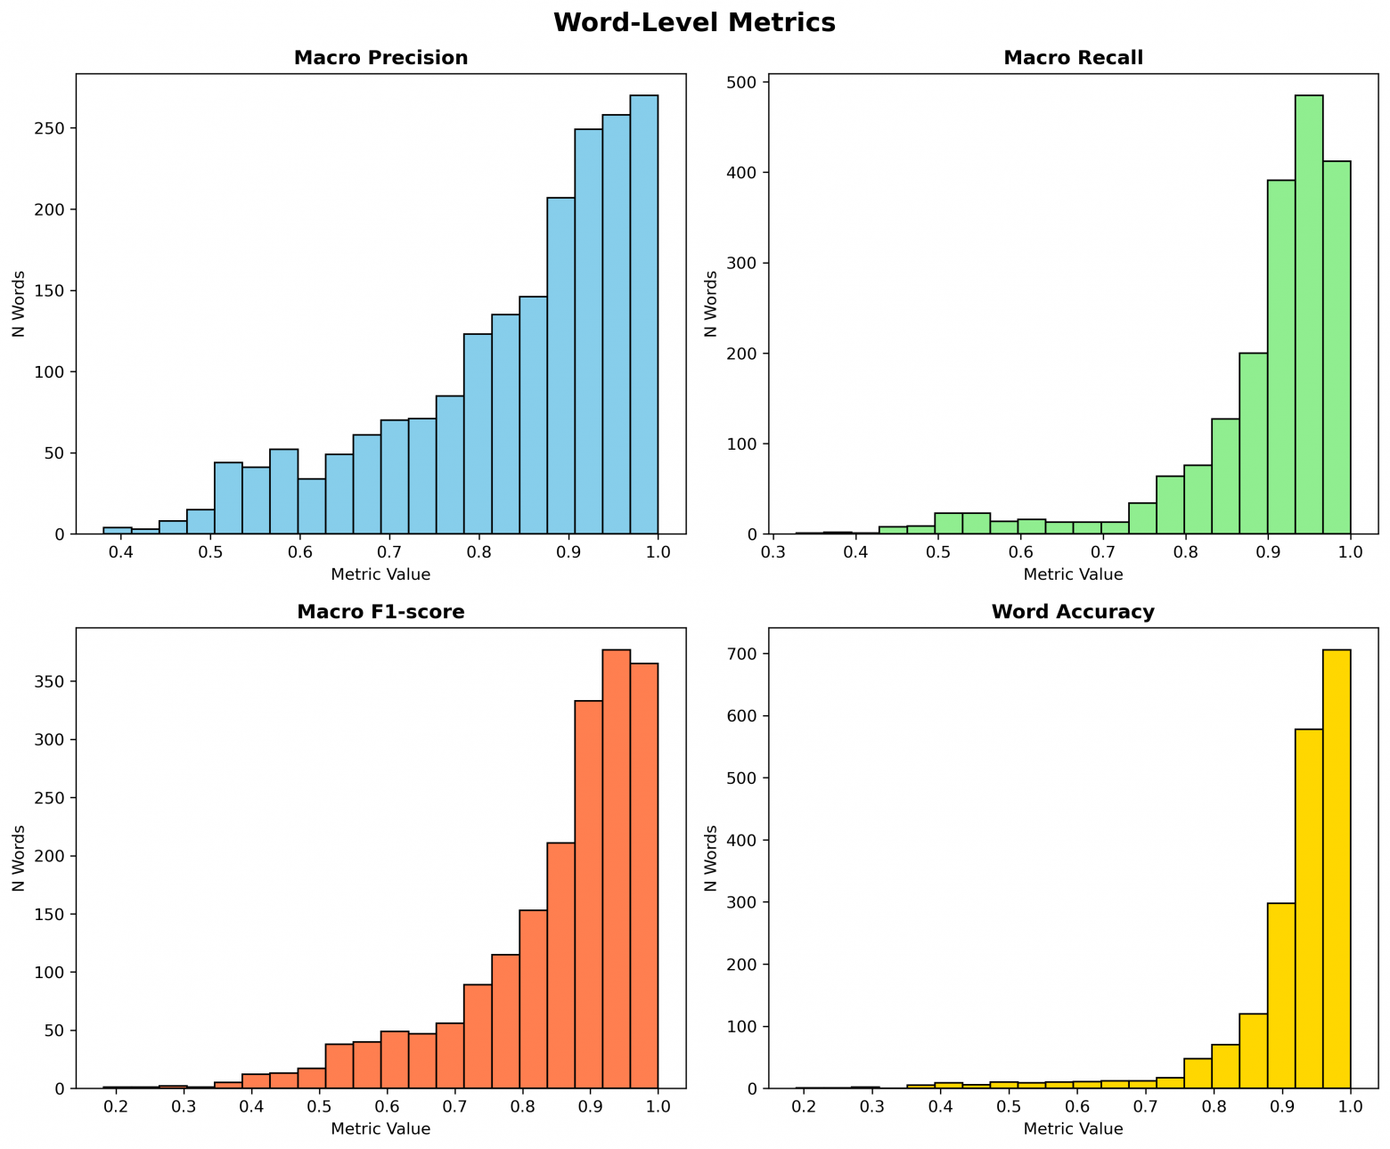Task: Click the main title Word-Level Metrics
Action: click(x=694, y=23)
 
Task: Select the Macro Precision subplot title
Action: click(x=380, y=59)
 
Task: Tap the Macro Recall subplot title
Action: click(x=1073, y=59)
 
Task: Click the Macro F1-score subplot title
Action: click(x=380, y=613)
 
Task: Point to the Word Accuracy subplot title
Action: click(x=1073, y=613)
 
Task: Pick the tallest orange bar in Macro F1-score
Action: click(x=616, y=868)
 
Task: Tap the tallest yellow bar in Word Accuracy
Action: click(x=1337, y=868)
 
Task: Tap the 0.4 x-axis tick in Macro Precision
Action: click(x=120, y=552)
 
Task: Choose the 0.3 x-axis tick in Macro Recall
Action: click(x=773, y=552)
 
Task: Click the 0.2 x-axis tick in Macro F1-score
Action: click(x=117, y=1106)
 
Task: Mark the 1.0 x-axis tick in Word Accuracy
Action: click(x=1351, y=1106)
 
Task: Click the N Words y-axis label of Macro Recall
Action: click(x=710, y=304)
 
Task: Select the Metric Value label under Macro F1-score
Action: click(x=380, y=1129)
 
